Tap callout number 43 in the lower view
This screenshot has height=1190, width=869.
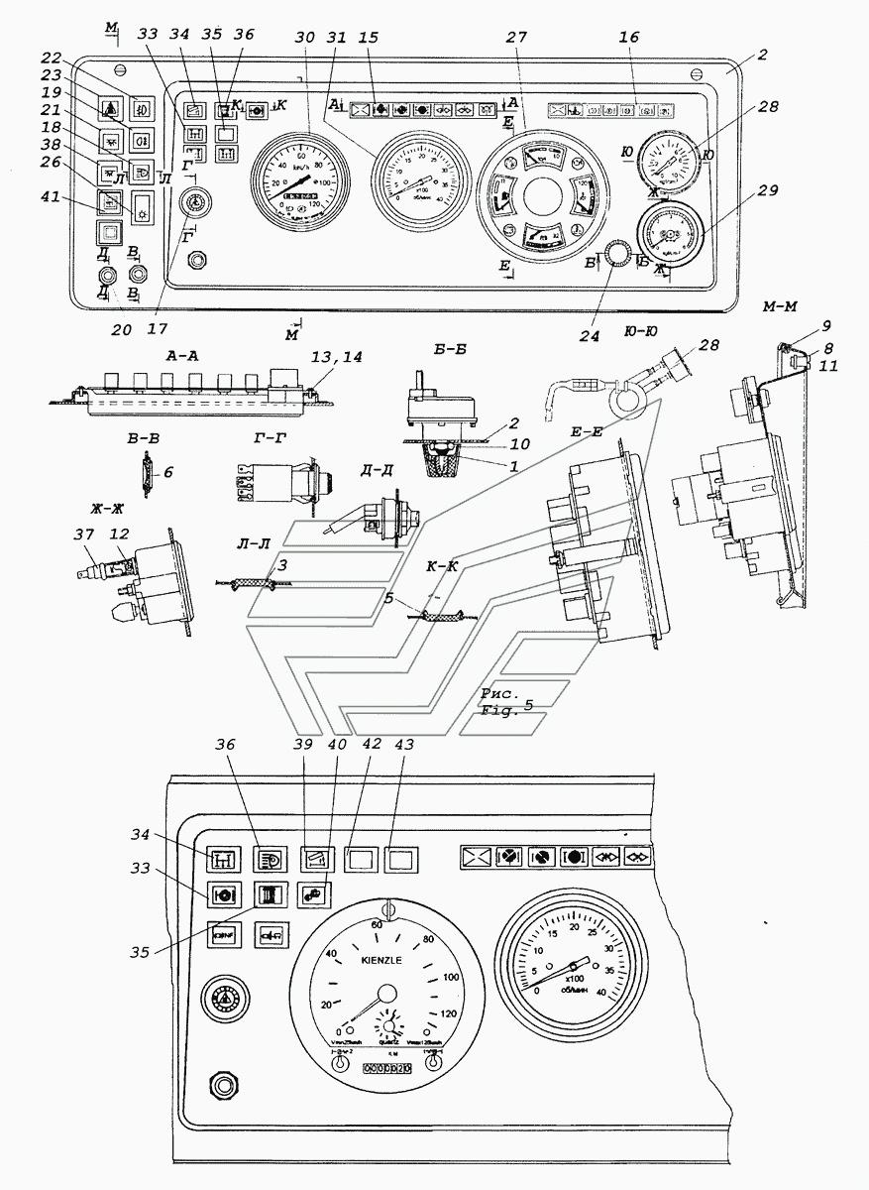click(403, 744)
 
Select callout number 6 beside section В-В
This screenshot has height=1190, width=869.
click(167, 473)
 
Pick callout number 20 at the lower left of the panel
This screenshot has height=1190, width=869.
click(120, 329)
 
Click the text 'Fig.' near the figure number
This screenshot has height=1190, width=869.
click(494, 711)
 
